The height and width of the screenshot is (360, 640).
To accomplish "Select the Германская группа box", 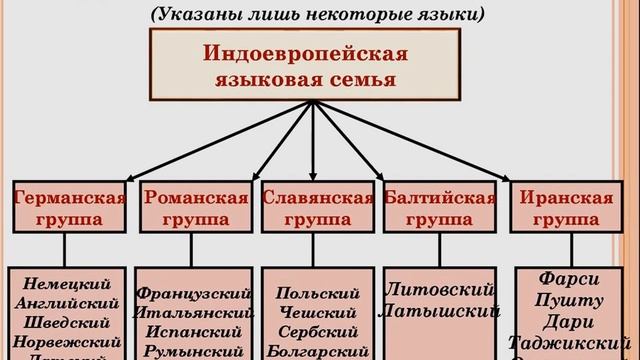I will [69, 206].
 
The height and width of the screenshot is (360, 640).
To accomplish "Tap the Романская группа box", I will [195, 206].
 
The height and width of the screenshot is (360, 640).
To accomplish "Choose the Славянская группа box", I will [318, 206].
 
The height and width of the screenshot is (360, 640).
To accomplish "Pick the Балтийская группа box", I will [440, 206].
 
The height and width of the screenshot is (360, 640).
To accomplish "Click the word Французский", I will [195, 293].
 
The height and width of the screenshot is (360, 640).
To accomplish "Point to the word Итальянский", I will [195, 312].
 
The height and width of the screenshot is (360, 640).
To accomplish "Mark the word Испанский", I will [195, 331].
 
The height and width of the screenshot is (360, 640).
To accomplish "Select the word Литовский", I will [440, 290].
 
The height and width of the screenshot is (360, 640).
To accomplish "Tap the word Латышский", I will [440, 311].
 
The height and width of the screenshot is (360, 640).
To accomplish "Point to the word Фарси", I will [568, 279].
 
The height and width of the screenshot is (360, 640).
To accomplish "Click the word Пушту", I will [568, 300].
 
